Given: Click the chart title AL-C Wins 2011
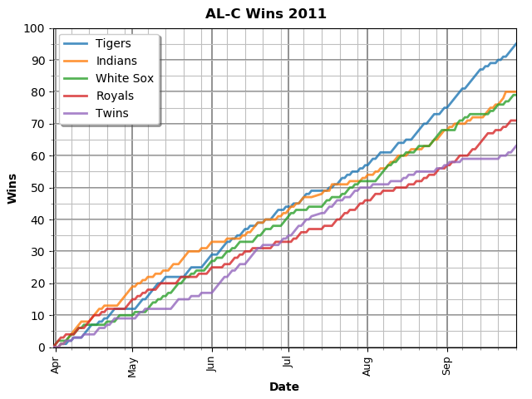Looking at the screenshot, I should coord(266,14).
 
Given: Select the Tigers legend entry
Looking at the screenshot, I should coord(113,43).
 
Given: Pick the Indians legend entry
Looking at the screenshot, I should coord(116,61).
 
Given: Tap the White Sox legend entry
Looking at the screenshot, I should coord(124,78).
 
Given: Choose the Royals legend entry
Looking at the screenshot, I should coord(115,96).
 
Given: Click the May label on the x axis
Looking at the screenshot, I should coord(132,366).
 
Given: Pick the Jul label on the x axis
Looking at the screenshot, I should coord(288,363).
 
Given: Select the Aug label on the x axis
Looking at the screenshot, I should coord(367,365).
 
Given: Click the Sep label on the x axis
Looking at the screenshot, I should coord(446,365).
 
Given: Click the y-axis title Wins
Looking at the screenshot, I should coord(12,188).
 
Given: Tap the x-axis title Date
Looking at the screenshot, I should coord(284,387).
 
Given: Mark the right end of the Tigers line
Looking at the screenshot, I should coord(516,44).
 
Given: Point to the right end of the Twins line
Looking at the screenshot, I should coord(516,146).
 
